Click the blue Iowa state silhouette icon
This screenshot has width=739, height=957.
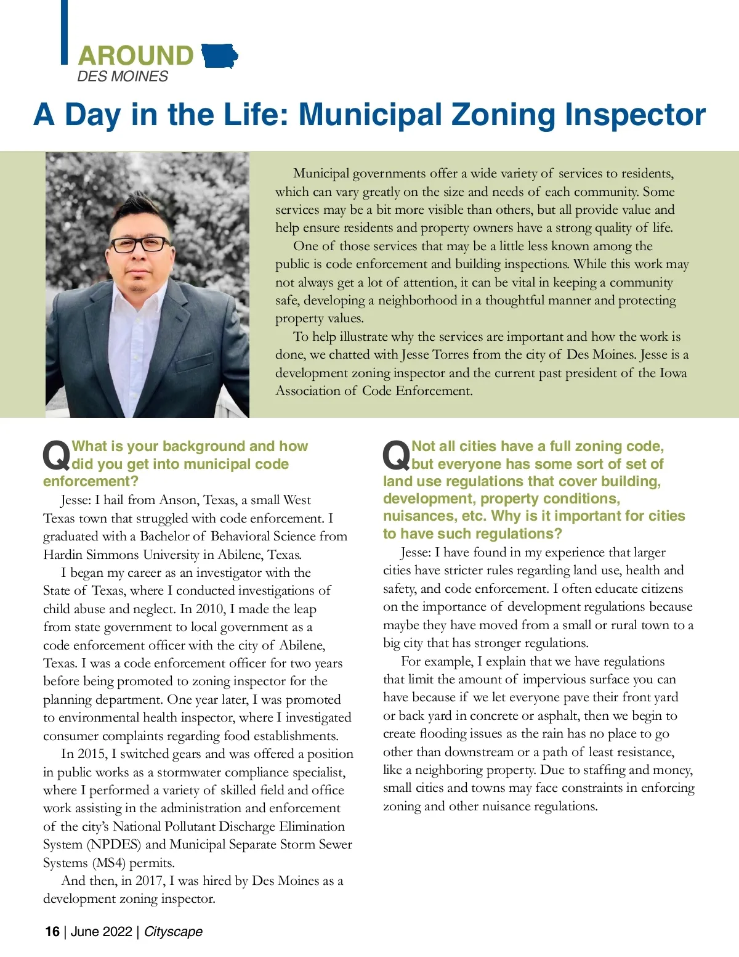pos(219,56)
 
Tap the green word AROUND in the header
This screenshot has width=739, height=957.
pos(135,56)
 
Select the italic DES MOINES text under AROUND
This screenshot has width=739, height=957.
pos(123,76)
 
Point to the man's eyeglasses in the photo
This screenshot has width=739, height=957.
pos(140,244)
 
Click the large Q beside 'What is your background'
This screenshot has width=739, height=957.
pos(56,456)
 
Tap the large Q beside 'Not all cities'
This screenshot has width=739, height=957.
pos(396,456)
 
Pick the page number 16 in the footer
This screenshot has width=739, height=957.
pos(52,931)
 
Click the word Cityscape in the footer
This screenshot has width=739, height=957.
pos(173,931)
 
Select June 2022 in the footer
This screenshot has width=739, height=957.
pos(101,931)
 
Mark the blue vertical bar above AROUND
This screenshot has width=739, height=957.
pos(64,31)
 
